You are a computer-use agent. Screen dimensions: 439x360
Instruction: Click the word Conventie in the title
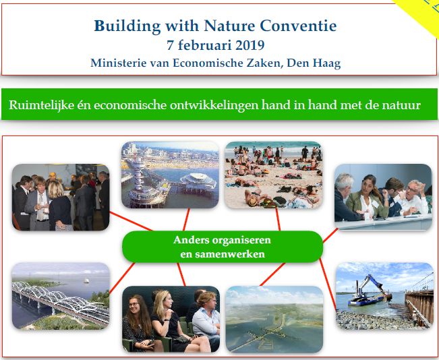[x=298, y=26]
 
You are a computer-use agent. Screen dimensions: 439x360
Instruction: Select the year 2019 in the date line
[x=250, y=45]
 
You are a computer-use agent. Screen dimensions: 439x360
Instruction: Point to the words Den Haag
[x=314, y=63]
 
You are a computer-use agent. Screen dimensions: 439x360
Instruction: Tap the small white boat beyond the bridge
[x=86, y=280]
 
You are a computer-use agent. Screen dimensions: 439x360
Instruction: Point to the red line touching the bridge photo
[x=122, y=278]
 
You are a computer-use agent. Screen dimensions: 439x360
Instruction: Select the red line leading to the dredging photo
[x=328, y=284]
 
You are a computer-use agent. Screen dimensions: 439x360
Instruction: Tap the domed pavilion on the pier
[x=198, y=182]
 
